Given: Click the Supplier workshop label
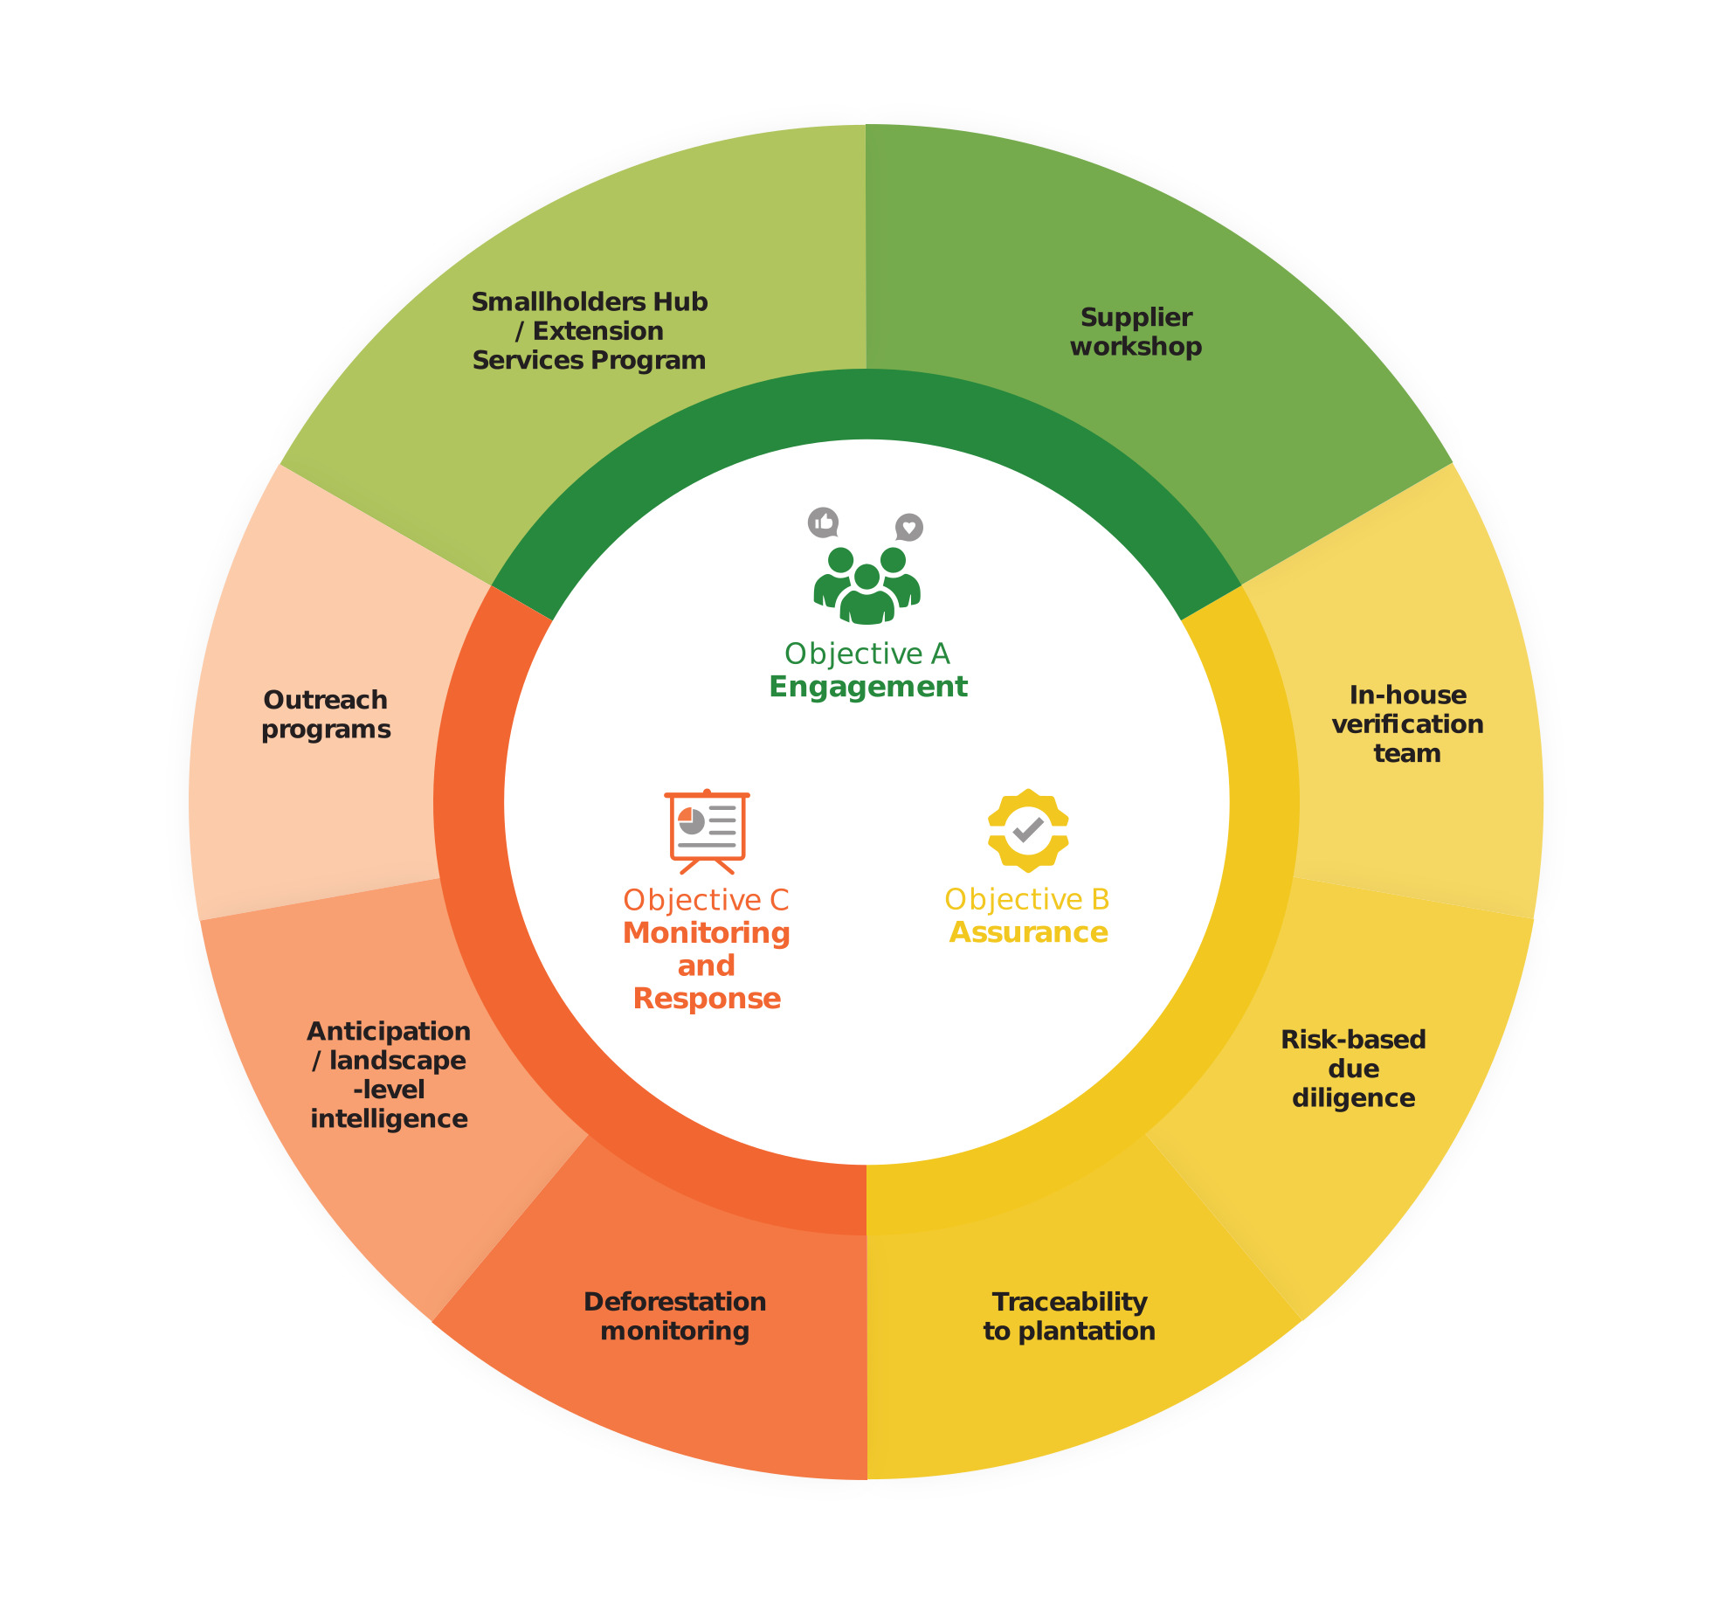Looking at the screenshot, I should [1136, 332].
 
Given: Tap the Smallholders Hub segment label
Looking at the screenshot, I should [590, 331].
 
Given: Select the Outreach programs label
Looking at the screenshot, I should [326, 715].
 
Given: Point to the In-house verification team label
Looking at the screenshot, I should [1407, 724].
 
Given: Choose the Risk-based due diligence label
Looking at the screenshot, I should [1353, 1069].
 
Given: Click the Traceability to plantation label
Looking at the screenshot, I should [1069, 1317].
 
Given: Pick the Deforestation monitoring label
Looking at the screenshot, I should [674, 1317].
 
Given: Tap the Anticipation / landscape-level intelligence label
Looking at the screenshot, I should [389, 1076].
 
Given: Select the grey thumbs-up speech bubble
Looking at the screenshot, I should [823, 522].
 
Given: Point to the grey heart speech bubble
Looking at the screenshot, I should [909, 527].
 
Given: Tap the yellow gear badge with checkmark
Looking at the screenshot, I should [1028, 830].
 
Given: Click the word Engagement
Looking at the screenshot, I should [868, 687].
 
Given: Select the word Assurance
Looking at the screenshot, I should [1029, 933].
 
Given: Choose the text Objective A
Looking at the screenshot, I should [867, 654].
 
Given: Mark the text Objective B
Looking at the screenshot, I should [1027, 899].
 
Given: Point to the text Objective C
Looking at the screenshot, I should [706, 900].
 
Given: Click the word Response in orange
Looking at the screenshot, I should [707, 999].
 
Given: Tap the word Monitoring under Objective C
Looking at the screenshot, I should [707, 933].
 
